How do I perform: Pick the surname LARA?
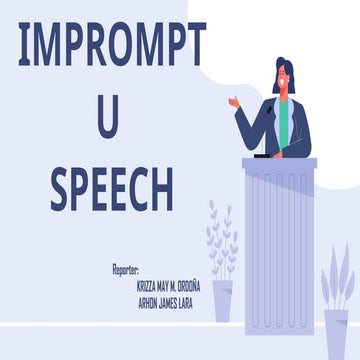(207, 297)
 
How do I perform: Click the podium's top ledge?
(278, 162)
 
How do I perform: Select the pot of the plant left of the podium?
(222, 299)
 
